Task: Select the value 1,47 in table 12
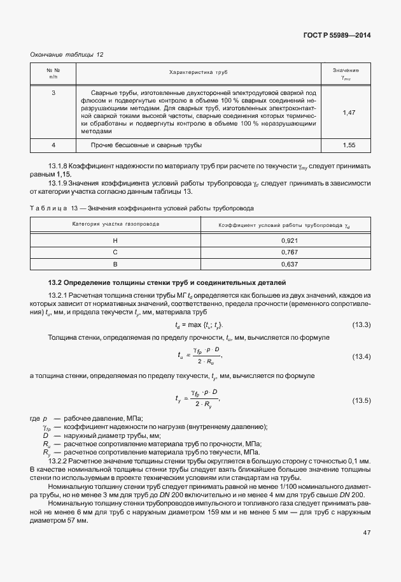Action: click(x=348, y=112)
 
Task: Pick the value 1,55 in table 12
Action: click(x=348, y=146)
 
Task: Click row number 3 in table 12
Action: click(x=53, y=93)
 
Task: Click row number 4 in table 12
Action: click(x=53, y=146)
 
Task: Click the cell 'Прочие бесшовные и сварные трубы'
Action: click(x=146, y=146)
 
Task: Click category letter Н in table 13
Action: click(x=115, y=240)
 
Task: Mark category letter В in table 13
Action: click(x=115, y=264)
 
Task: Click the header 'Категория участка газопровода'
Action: click(x=116, y=224)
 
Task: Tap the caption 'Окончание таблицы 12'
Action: click(x=67, y=54)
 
